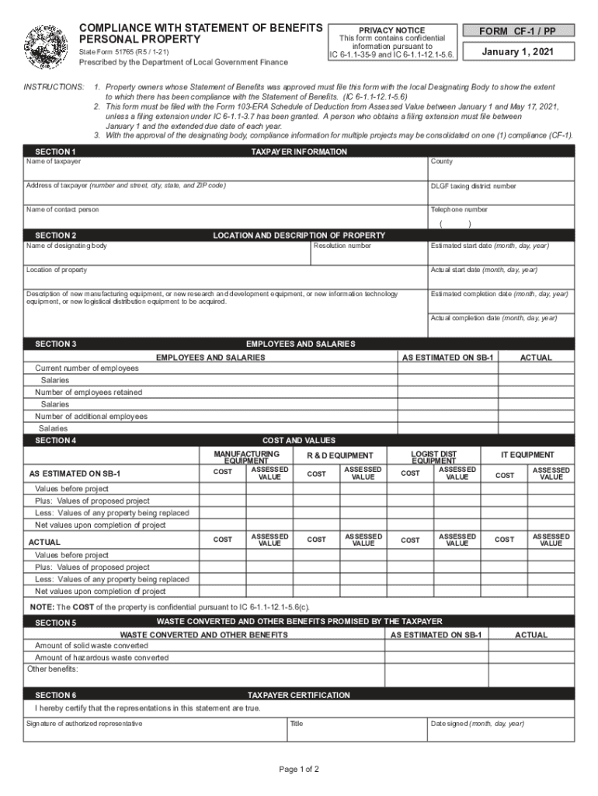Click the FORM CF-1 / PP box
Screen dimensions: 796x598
519,31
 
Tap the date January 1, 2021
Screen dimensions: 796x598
519,52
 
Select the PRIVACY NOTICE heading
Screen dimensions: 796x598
391,30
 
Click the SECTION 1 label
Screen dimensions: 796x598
56,152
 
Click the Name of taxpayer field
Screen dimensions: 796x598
225,169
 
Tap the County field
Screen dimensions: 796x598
501,169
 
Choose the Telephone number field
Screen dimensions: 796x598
501,219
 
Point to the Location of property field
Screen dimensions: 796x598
225,278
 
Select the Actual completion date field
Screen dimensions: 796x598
501,327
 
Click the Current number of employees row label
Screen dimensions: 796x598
87,368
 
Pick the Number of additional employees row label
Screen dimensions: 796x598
91,417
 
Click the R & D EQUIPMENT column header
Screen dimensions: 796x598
339,456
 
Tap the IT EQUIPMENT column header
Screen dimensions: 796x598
527,455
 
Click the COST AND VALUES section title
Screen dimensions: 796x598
299,441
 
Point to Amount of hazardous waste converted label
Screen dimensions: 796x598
102,658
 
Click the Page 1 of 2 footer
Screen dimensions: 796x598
299,770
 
